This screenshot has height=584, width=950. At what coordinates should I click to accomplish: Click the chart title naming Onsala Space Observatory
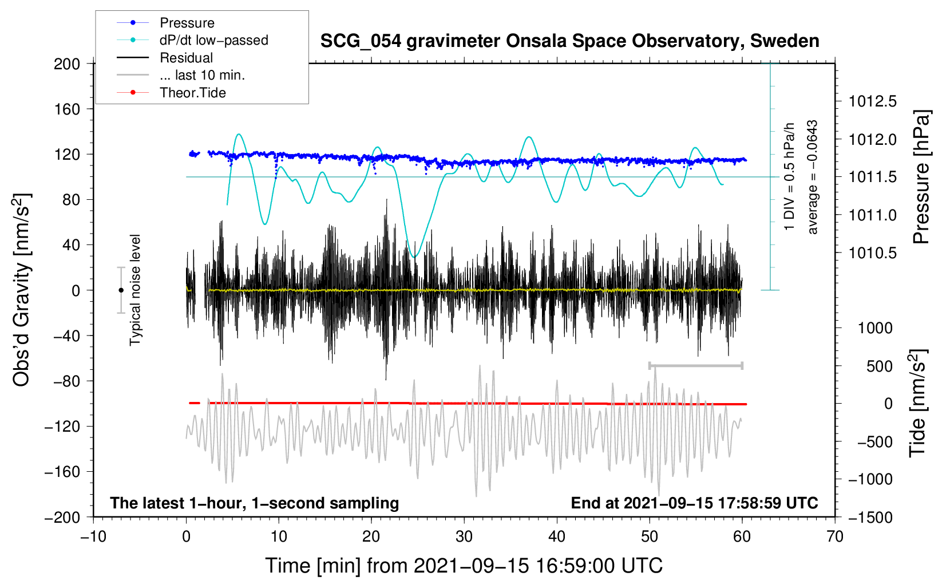coord(569,41)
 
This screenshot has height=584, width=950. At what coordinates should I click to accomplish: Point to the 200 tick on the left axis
coord(67,64)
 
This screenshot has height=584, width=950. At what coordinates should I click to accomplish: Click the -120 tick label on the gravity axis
coord(62,427)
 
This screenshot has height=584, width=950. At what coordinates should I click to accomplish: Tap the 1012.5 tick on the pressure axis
coord(873,101)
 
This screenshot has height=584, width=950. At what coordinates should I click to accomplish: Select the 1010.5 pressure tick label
coord(873,254)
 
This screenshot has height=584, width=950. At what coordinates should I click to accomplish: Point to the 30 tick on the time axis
coord(464,537)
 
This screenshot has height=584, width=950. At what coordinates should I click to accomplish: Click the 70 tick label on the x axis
coord(834,537)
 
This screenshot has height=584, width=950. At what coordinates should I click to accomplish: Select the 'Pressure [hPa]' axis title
coord(921,177)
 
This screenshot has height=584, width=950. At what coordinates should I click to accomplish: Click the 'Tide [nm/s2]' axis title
coord(919,403)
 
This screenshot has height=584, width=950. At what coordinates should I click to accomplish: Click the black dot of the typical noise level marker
coord(121,290)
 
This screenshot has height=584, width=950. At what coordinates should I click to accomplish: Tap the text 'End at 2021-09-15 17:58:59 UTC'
coord(694,503)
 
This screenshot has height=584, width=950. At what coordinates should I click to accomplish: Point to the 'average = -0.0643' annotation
coord(812,177)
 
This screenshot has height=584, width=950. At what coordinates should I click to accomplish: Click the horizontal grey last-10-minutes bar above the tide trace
coord(695,365)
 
